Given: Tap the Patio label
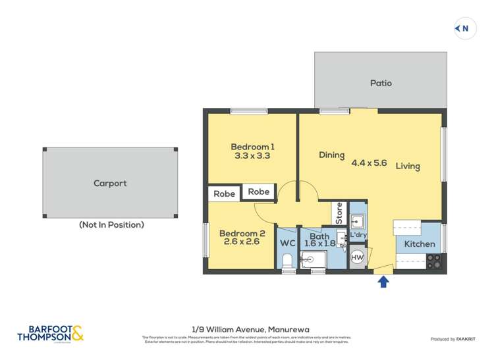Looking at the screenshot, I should point(381,83).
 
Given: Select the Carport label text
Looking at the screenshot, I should point(110,184).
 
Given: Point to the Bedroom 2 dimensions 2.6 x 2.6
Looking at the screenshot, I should point(242,242).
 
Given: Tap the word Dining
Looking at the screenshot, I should point(332,155).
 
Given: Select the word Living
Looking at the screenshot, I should point(408,167).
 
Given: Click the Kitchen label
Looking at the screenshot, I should point(420,244).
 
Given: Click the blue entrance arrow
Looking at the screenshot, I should point(383,282).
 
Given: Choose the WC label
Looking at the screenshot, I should point(287,244).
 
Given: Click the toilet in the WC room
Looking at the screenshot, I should point(287,262).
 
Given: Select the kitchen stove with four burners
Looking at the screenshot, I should point(435,261).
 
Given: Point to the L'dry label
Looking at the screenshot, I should point(358,235).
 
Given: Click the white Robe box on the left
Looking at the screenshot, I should point(224,194).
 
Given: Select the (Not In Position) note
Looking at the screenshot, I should point(111,225).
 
